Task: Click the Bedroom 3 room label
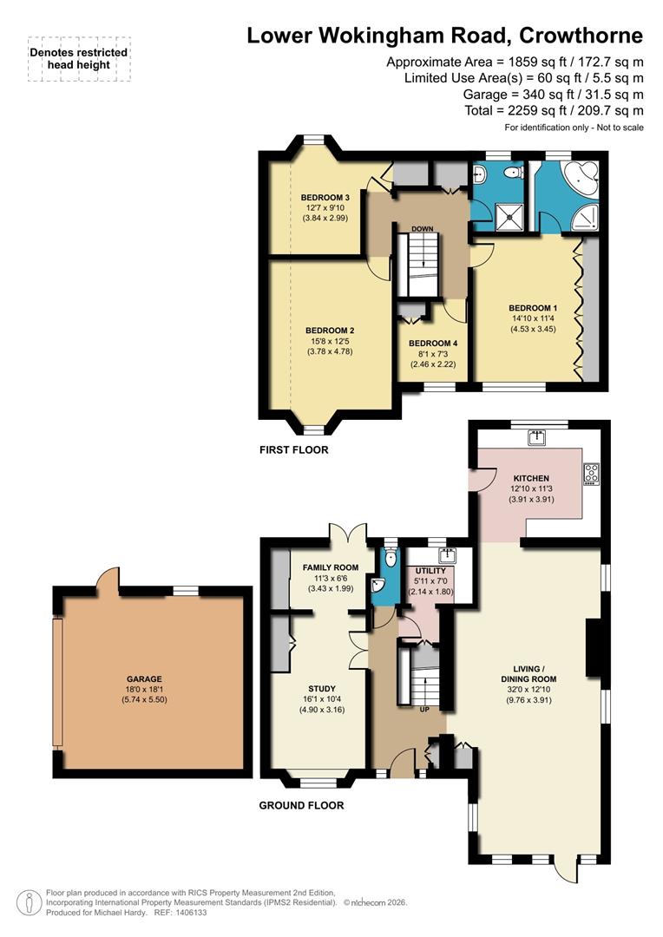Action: [x=318, y=196]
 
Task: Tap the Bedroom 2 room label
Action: [x=329, y=331]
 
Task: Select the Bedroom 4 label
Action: [x=433, y=344]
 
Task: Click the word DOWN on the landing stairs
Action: [x=423, y=229]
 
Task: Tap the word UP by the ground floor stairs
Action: [x=424, y=709]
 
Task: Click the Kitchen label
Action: [x=531, y=478]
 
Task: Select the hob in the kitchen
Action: [x=592, y=474]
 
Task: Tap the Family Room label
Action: [x=330, y=567]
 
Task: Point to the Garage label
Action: [x=148, y=679]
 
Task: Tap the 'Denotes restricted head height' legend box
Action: [x=79, y=59]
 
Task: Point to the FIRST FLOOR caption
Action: [x=293, y=450]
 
